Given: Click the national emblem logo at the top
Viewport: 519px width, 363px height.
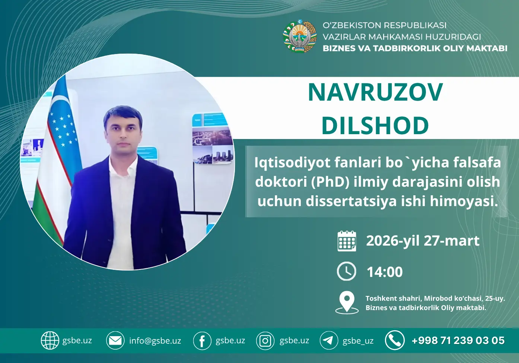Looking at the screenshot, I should (300, 37).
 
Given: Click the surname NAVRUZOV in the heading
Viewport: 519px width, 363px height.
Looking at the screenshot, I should (375, 92).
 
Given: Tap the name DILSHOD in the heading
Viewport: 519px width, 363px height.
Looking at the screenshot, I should (375, 125).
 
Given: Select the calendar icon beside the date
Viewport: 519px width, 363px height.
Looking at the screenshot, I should (347, 241).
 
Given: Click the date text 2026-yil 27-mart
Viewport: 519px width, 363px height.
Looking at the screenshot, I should (423, 241).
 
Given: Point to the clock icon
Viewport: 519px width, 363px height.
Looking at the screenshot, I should (347, 271).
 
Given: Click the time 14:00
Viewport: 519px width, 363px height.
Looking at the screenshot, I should (385, 272).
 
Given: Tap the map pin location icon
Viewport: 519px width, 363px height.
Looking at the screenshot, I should (347, 302).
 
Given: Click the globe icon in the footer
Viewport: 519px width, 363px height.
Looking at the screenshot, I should (50, 340).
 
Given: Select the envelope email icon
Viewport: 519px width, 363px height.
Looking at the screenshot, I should (115, 340).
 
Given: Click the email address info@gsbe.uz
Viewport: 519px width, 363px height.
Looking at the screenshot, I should (155, 341).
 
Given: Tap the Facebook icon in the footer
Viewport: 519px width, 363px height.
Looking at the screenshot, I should (202, 341).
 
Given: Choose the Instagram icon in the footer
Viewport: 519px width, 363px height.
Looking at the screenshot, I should (265, 341).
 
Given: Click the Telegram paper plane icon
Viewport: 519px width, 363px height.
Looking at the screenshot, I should (329, 340).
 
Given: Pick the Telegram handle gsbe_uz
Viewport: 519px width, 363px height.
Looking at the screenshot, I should (358, 341).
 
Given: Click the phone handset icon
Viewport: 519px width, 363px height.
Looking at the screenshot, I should (395, 340).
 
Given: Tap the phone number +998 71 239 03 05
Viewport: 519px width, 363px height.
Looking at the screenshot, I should (458, 341).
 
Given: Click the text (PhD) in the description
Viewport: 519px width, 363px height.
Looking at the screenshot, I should (330, 182).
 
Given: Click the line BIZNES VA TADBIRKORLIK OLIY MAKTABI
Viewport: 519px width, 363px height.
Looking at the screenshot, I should (415, 48).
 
